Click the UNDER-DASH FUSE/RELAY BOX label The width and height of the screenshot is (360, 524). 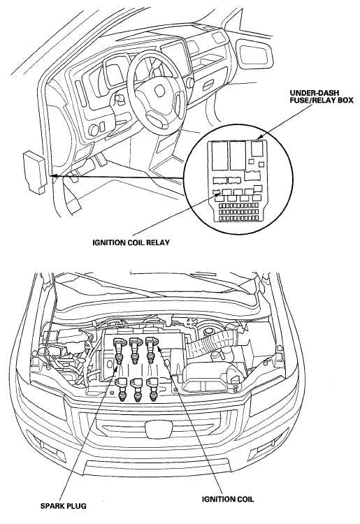pyautogui.click(x=322, y=96)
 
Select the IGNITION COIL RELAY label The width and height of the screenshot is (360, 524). pyautogui.click(x=131, y=242)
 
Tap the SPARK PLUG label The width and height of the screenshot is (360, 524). pyautogui.click(x=63, y=506)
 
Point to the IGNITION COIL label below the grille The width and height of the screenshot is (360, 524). pyautogui.click(x=228, y=499)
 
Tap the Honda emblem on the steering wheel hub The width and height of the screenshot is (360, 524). pyautogui.click(x=159, y=89)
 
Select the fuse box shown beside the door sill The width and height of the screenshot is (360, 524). pyautogui.click(x=34, y=171)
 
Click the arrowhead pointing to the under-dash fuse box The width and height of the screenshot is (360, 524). pyautogui.click(x=260, y=137)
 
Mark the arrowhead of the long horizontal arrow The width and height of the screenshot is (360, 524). pyautogui.click(x=54, y=175)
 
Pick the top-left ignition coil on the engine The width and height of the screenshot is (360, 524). pyautogui.click(x=120, y=351)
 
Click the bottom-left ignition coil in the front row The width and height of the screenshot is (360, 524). pyautogui.click(x=122, y=390)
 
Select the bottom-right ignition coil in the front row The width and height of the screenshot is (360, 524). pyautogui.click(x=153, y=390)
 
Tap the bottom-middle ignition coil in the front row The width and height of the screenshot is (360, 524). pyautogui.click(x=137, y=390)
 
